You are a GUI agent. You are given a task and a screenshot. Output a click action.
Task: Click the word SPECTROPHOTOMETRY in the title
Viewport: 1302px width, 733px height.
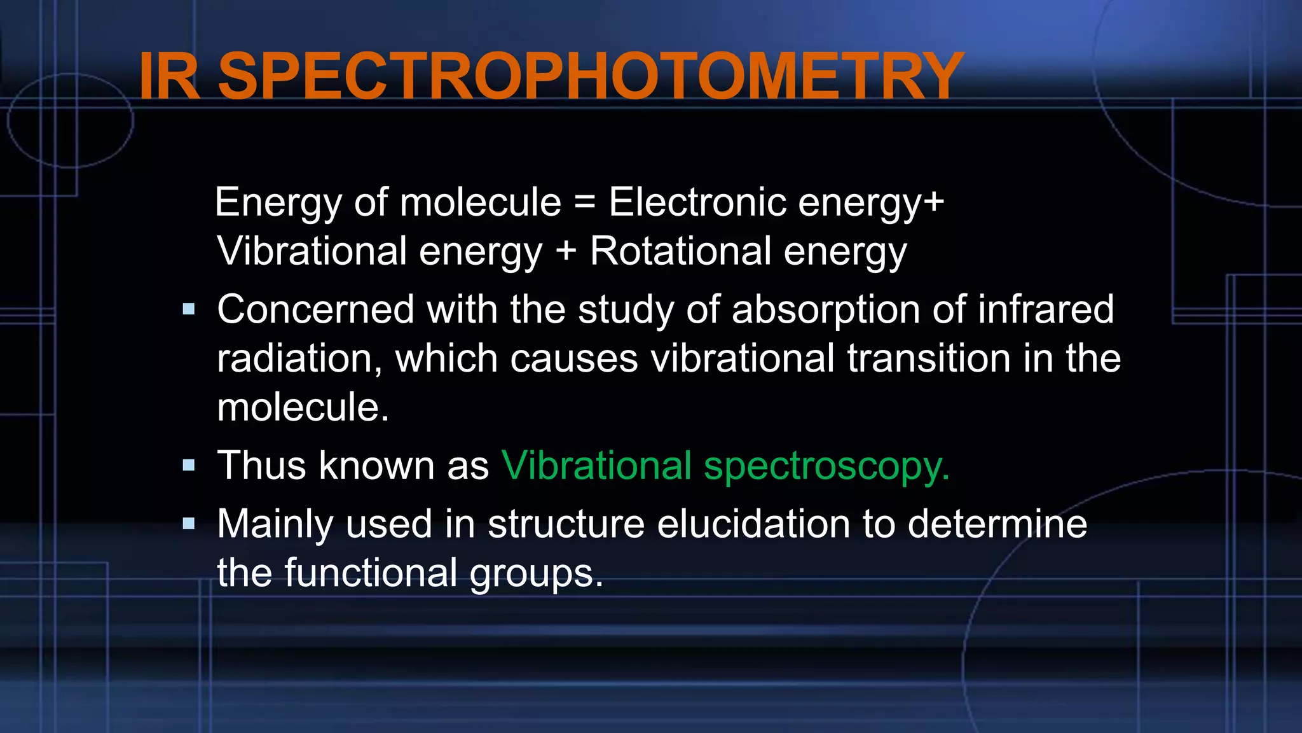tap(591, 76)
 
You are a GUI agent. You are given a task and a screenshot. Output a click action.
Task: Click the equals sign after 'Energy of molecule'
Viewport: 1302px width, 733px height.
tap(585, 202)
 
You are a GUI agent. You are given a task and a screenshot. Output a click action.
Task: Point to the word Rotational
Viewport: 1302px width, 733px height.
tap(680, 251)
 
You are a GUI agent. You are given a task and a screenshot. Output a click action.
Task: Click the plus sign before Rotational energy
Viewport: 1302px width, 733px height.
tap(566, 251)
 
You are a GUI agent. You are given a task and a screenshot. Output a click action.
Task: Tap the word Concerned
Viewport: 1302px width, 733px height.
tap(315, 310)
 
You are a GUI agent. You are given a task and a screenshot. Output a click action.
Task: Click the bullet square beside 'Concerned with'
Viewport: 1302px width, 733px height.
tap(189, 310)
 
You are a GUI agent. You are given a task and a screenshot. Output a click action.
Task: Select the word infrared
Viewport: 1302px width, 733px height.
tap(1045, 310)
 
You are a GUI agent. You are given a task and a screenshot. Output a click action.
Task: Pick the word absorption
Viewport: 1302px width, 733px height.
tap(825, 310)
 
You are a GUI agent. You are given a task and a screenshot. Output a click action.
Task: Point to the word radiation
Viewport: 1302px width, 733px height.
tap(299, 358)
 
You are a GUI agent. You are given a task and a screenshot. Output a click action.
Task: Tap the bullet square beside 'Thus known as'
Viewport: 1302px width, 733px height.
tap(189, 465)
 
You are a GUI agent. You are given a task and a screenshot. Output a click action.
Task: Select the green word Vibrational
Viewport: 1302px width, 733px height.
tap(596, 465)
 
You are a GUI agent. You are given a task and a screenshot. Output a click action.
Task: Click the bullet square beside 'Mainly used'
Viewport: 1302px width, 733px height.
tap(189, 524)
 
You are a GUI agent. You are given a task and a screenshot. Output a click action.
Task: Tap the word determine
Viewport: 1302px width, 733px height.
tap(997, 524)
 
